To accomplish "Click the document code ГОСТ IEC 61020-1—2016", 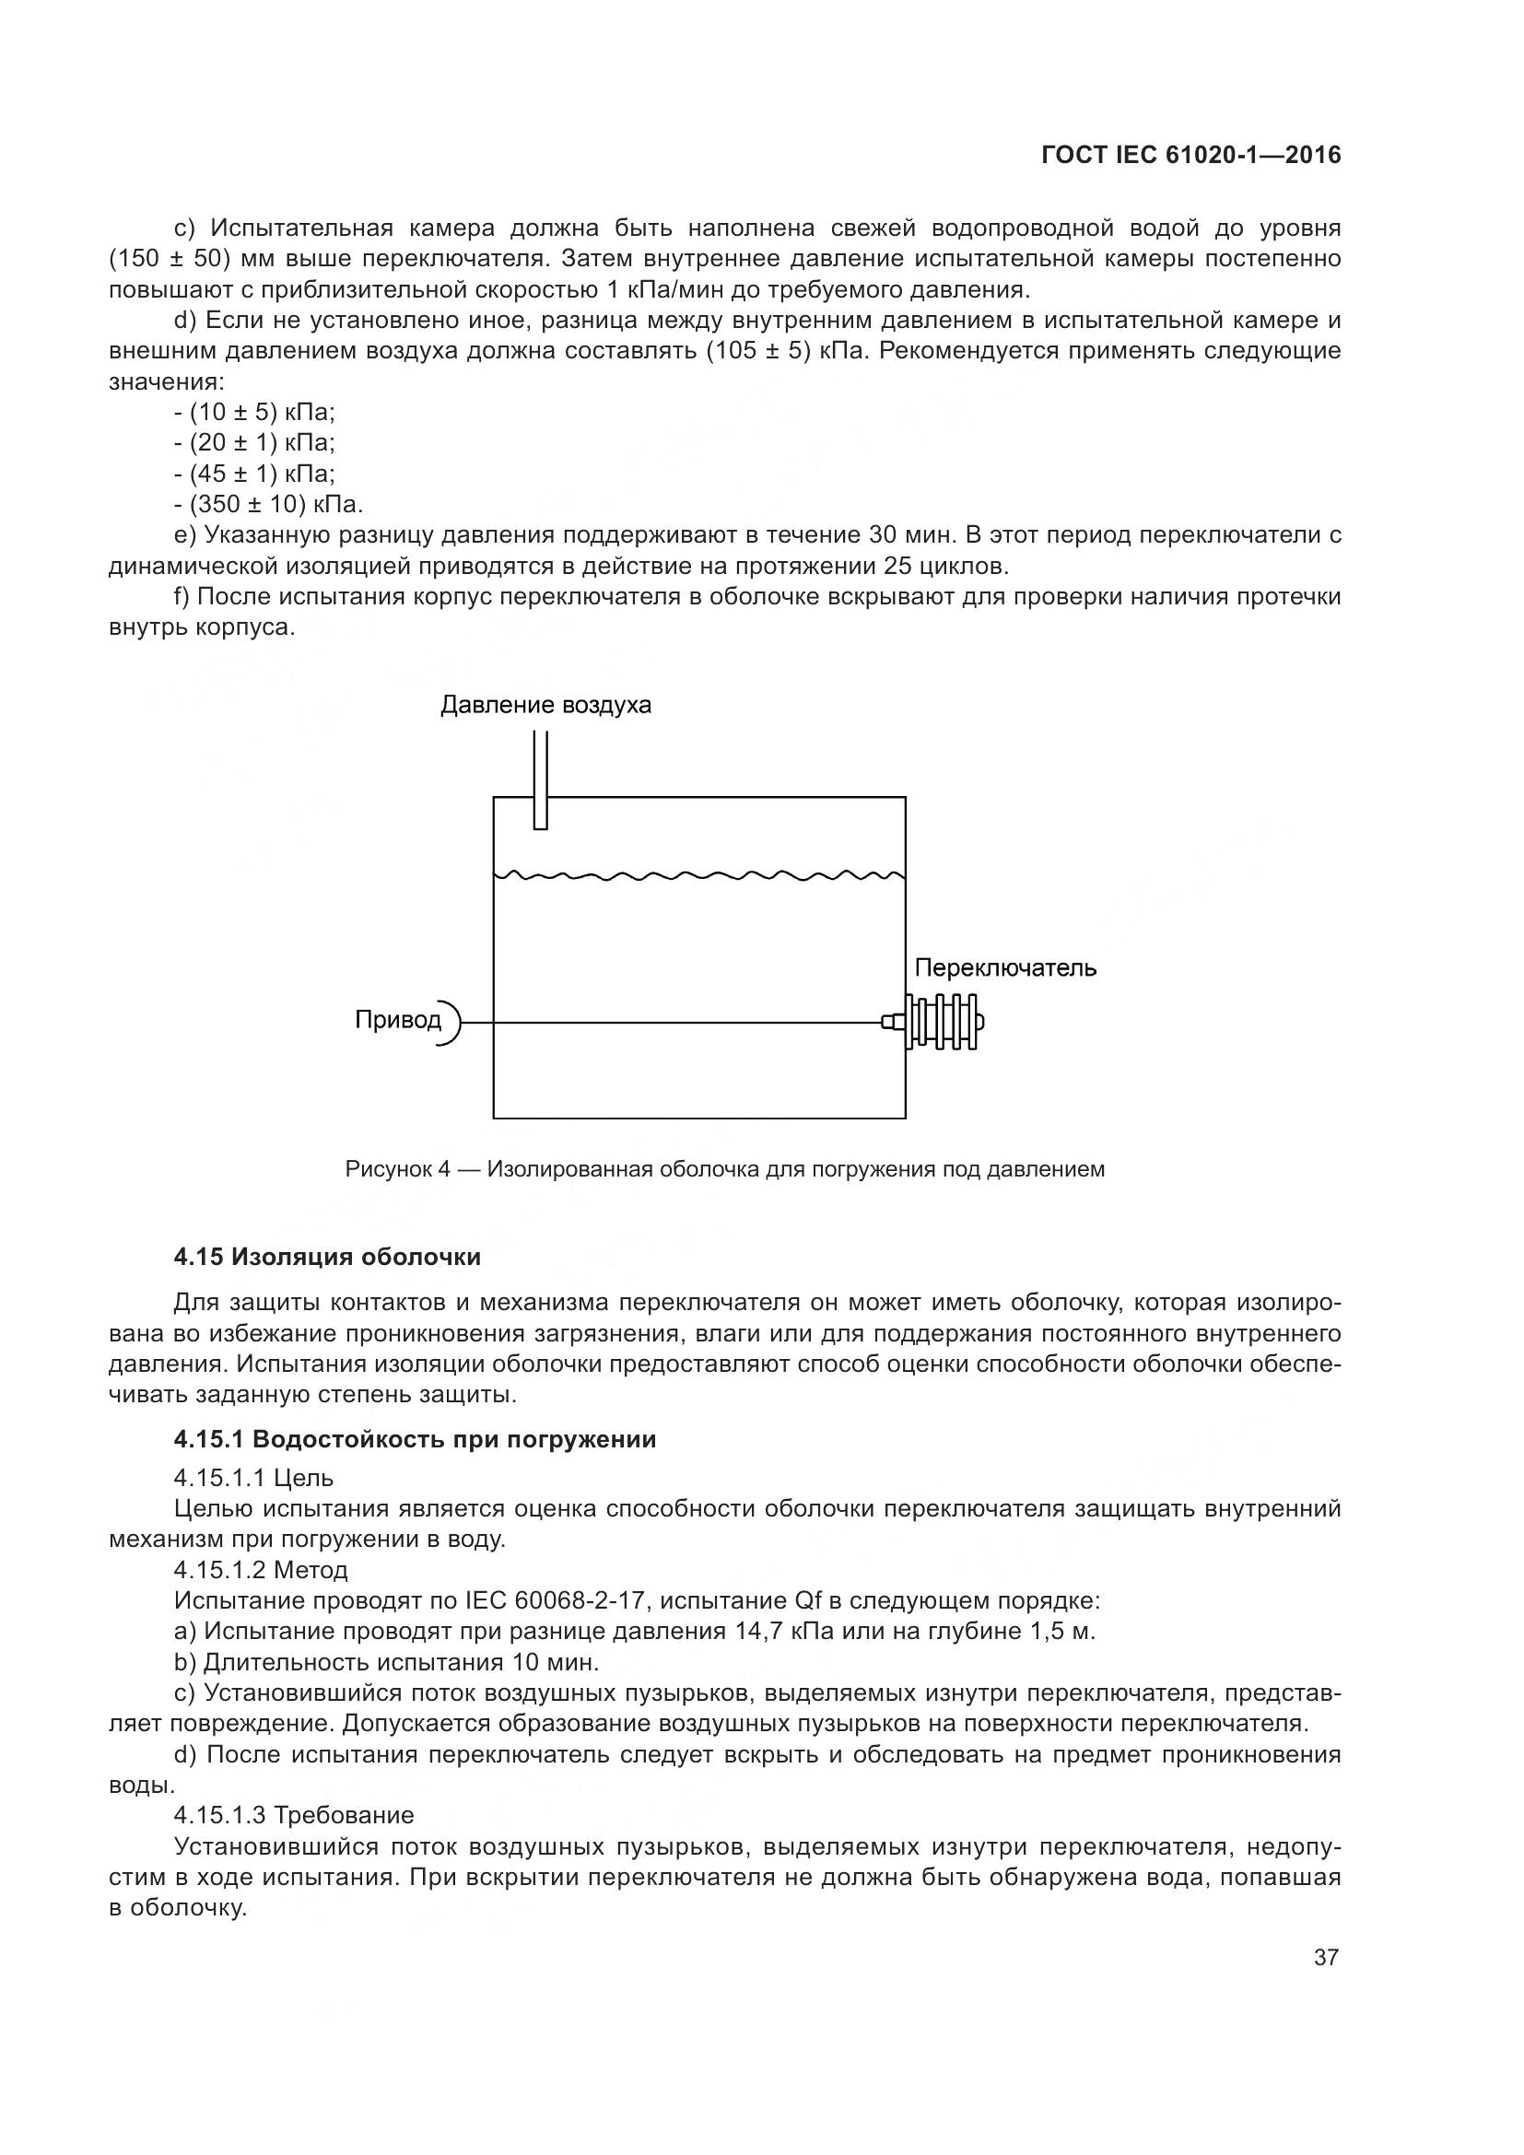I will [x=1190, y=156].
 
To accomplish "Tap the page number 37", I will [x=1325, y=1958].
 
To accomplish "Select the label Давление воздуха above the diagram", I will [x=545, y=705].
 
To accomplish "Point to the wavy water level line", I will [x=699, y=875].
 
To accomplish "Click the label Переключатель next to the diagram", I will [x=1005, y=967].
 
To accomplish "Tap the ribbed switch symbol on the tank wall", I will [x=944, y=1021].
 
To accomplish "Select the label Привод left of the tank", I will [x=397, y=1019].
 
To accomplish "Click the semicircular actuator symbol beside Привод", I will [x=451, y=1021].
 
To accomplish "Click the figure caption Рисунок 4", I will [x=724, y=1169].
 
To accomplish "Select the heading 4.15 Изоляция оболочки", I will [x=326, y=1257].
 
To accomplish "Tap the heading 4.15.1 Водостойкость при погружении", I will [x=414, y=1440].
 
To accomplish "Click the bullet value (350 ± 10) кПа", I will [x=275, y=505].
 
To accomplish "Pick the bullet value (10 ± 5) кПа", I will [x=262, y=412].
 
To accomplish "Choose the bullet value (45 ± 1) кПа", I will [x=262, y=474].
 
